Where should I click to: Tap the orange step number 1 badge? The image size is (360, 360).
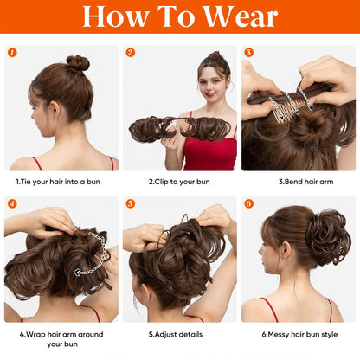coord(12,52)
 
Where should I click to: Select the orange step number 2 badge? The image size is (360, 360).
coord(130,52)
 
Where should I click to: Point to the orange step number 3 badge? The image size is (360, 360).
coord(248,52)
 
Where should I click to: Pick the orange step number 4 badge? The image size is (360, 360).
coord(12,203)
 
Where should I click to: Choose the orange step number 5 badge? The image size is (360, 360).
coord(130,203)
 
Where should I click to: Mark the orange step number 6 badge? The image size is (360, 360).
coord(248,203)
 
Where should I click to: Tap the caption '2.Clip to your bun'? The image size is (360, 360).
coord(179,182)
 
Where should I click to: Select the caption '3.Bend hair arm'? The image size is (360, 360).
coord(299,182)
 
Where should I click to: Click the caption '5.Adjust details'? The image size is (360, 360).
coord(179,332)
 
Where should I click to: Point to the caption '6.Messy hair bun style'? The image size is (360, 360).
coord(299,332)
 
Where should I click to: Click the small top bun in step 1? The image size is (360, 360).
coord(78,62)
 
